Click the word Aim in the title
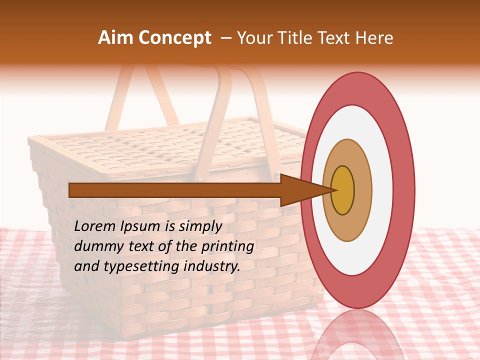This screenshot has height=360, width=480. tap(116, 38)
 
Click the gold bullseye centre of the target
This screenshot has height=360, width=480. tap(343, 190)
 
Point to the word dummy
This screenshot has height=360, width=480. tap(94, 246)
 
